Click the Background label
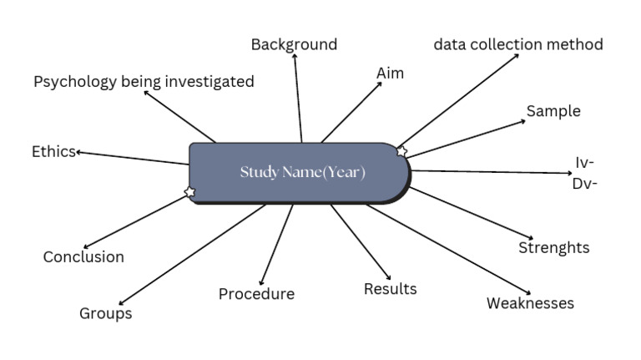pos(294,44)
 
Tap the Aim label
pos(390,74)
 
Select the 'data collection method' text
pos(518,44)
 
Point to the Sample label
pos(553,111)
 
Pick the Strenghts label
pos(553,247)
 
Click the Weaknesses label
pos(530,303)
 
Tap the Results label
pos(390,289)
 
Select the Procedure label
pos(256,294)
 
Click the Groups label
pos(106,314)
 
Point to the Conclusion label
pos(83,257)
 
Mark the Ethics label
pos(53,151)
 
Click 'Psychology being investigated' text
pos(144,82)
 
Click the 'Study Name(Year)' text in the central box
pos(302,173)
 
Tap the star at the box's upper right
pos(401,151)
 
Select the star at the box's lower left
pos(189,193)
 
